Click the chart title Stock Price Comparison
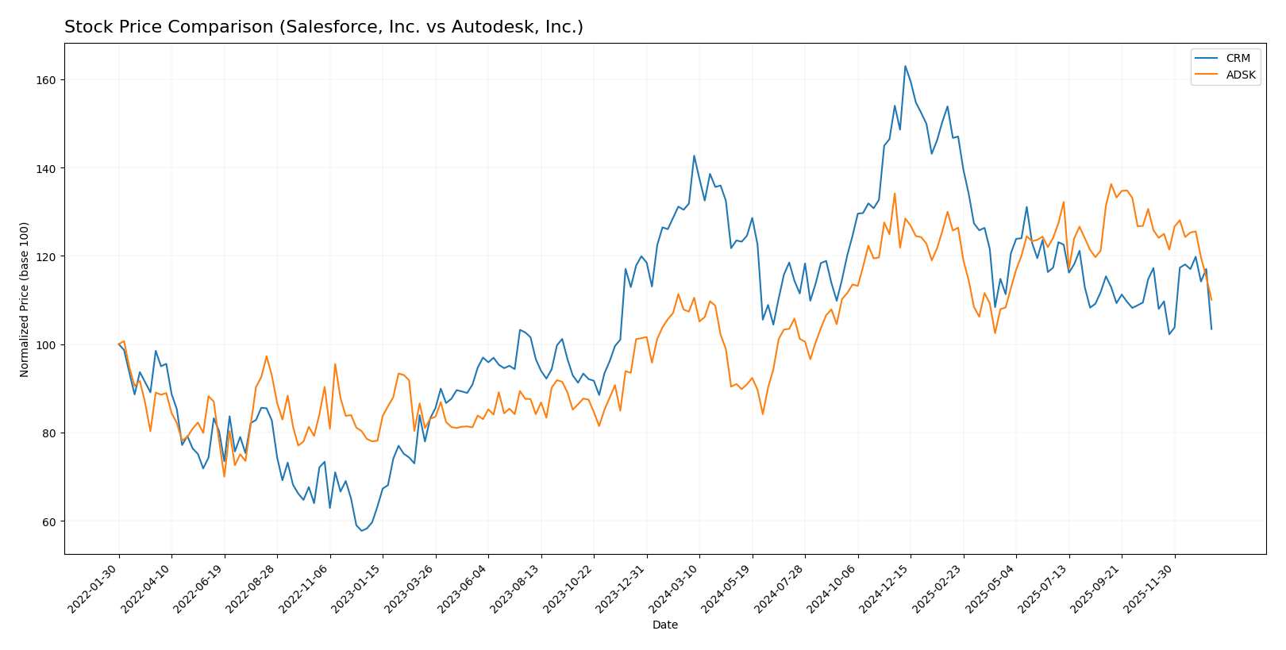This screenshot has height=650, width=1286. coord(323,28)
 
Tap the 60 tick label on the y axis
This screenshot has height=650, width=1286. coord(48,521)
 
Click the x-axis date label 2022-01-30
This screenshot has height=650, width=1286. coord(94,587)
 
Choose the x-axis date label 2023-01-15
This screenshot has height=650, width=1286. coord(357,587)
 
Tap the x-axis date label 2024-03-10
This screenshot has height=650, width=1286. coord(674,587)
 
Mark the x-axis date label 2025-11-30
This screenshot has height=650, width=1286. coord(1149,587)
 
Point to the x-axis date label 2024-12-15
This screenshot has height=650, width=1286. coord(885,587)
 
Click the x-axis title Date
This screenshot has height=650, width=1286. coord(664,625)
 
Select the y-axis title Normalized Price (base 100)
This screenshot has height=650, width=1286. coord(25,299)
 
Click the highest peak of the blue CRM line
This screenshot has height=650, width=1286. coord(905,66)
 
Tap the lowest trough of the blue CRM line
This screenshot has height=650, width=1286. coord(361,530)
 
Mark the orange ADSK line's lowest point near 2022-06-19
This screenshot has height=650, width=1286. coord(224,476)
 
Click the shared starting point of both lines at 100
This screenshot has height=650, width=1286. coord(119,344)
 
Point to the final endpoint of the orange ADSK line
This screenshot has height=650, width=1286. coord(1211,300)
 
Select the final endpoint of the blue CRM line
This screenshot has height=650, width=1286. coord(1211,329)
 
